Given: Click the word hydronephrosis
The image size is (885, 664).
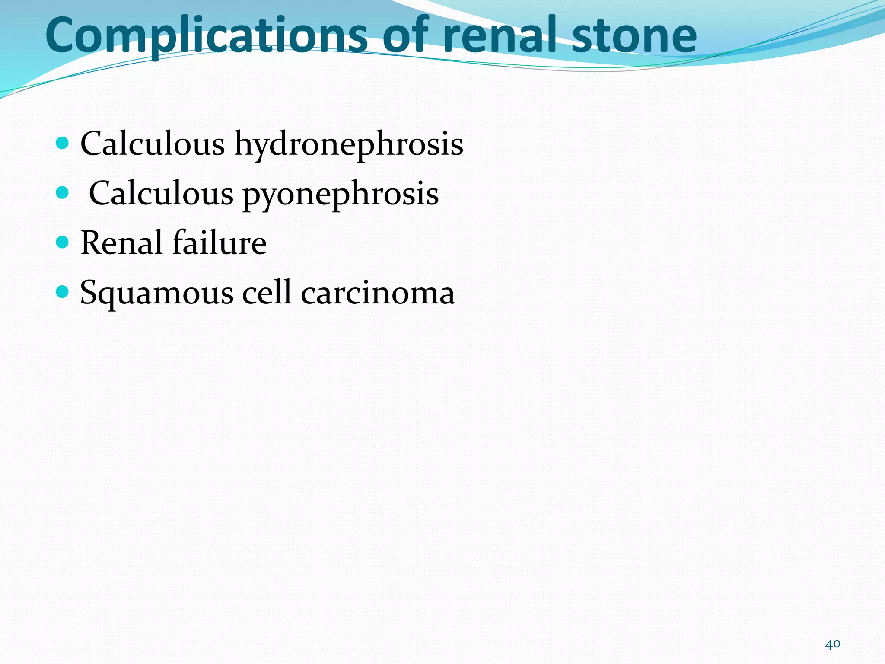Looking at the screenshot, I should [x=349, y=144].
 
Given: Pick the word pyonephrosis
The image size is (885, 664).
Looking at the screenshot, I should [x=341, y=194].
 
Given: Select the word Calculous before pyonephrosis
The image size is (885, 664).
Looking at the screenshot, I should [x=161, y=193].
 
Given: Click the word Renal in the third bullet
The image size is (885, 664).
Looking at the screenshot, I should [x=121, y=243].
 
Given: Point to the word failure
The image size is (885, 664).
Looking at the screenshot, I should [x=220, y=243].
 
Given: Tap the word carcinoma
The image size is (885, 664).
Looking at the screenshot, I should [x=378, y=294].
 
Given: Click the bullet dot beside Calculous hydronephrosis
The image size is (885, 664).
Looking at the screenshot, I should [x=63, y=143].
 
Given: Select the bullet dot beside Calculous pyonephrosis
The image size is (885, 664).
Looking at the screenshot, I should [x=63, y=192].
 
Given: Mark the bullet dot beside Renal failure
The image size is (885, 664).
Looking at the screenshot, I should [x=63, y=242].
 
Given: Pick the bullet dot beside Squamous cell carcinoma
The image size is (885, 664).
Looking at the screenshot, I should [x=63, y=292].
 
